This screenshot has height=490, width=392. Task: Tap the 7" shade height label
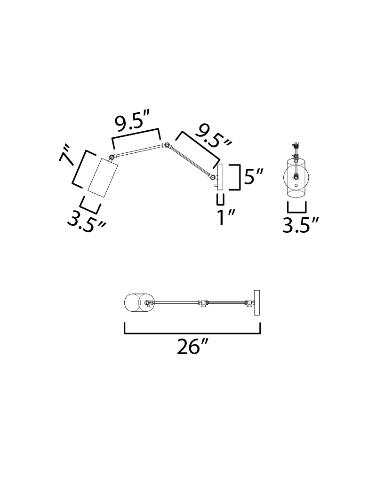(x=67, y=154)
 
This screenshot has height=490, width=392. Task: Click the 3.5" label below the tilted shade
(x=86, y=222)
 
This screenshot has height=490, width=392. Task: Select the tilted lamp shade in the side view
(x=103, y=177)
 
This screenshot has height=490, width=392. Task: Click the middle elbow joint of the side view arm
(x=167, y=145)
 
